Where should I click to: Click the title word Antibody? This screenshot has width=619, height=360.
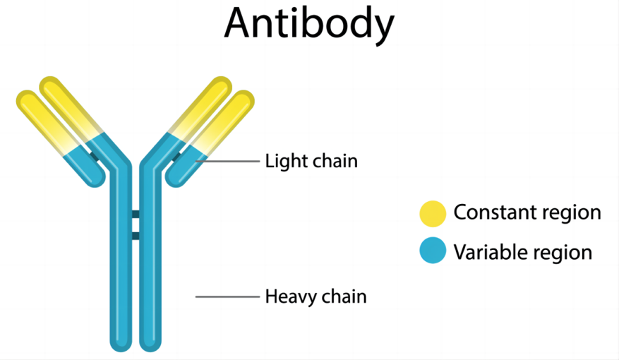click(309, 23)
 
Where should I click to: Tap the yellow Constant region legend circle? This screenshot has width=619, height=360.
click(433, 213)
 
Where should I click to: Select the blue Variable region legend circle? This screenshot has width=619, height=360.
click(433, 251)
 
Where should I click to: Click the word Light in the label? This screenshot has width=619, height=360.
click(282, 161)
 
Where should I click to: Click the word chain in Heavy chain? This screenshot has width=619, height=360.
click(344, 296)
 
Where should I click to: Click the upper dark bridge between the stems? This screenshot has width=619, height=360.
click(136, 214)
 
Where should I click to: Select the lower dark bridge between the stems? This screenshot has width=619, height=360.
click(136, 235)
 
